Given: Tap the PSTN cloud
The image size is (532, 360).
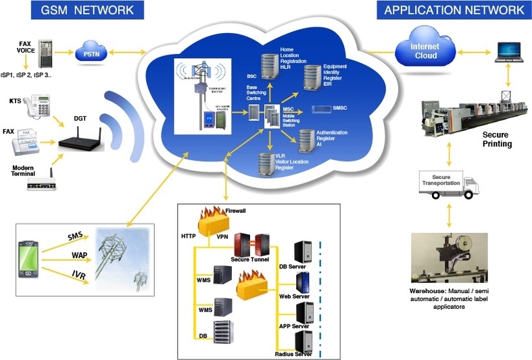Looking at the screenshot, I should (x=91, y=51).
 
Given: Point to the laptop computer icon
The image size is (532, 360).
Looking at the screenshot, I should (x=510, y=52).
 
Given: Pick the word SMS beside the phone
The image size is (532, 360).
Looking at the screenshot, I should (x=75, y=237).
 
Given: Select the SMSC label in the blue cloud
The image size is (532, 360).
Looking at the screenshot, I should (x=339, y=109).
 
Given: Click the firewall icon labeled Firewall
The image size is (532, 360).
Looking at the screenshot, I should (x=208, y=220).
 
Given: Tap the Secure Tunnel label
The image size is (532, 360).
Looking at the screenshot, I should (x=250, y=258).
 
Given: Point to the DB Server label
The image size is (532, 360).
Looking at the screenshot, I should (x=294, y=266).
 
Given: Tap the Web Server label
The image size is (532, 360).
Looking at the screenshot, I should (x=295, y=295).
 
